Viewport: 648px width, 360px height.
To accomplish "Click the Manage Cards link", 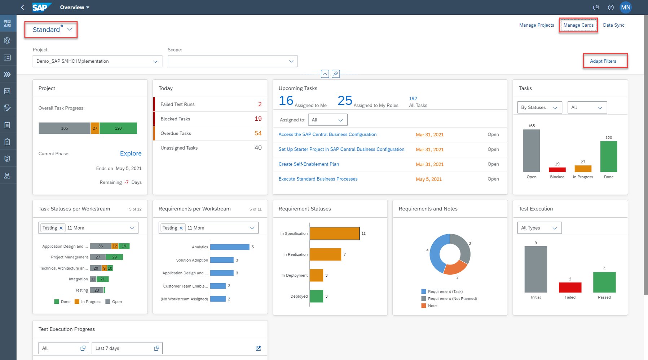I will (x=578, y=25).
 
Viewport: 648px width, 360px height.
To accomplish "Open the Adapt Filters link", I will (x=603, y=61).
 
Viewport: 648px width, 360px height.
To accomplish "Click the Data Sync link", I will (x=613, y=25).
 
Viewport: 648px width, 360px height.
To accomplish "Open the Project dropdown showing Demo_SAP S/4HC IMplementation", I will (x=97, y=61).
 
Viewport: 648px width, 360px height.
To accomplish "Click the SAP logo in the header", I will (x=41, y=7).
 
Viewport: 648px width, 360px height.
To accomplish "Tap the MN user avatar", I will (x=626, y=7).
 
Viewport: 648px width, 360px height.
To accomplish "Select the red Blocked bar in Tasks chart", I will (x=557, y=170).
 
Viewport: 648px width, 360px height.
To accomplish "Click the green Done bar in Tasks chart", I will (x=608, y=157).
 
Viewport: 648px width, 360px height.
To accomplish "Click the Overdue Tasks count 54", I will (x=258, y=133).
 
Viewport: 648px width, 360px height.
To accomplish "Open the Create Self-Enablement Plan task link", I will (x=309, y=164).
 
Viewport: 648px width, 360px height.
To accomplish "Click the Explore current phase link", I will (x=131, y=154).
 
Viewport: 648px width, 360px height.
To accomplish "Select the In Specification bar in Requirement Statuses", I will (x=334, y=234).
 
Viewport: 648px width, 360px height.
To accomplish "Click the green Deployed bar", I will (x=316, y=296).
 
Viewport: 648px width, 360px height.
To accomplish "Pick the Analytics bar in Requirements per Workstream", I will (x=229, y=247).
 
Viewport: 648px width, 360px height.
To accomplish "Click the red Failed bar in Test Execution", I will (x=570, y=288).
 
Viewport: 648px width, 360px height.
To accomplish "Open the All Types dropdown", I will (x=539, y=228).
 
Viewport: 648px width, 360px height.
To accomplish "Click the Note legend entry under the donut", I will (x=432, y=306).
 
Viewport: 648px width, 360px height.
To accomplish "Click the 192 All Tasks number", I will (x=413, y=99).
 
